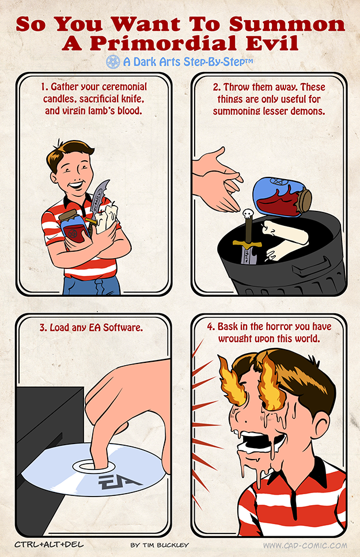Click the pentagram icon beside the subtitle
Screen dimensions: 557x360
[x=112, y=61]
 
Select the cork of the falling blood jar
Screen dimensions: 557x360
[x=303, y=202]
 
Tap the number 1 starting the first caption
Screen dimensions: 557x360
[x=43, y=88]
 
